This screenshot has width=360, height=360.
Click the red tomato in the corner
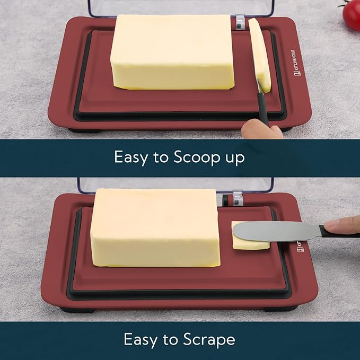pos(352,14)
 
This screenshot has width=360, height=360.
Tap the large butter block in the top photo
pos(172,52)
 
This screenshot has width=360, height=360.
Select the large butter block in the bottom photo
pos(155,228)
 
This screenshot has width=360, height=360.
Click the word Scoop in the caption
pos(197,157)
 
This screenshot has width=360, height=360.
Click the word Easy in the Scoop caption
pos(131,157)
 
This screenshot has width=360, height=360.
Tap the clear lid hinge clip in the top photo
pos(240,22)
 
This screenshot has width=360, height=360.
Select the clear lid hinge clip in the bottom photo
pos(238,198)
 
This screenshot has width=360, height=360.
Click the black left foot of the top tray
pos(84,130)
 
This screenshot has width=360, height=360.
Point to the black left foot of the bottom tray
pos(77,310)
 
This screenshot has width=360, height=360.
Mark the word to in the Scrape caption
pos(170,340)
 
